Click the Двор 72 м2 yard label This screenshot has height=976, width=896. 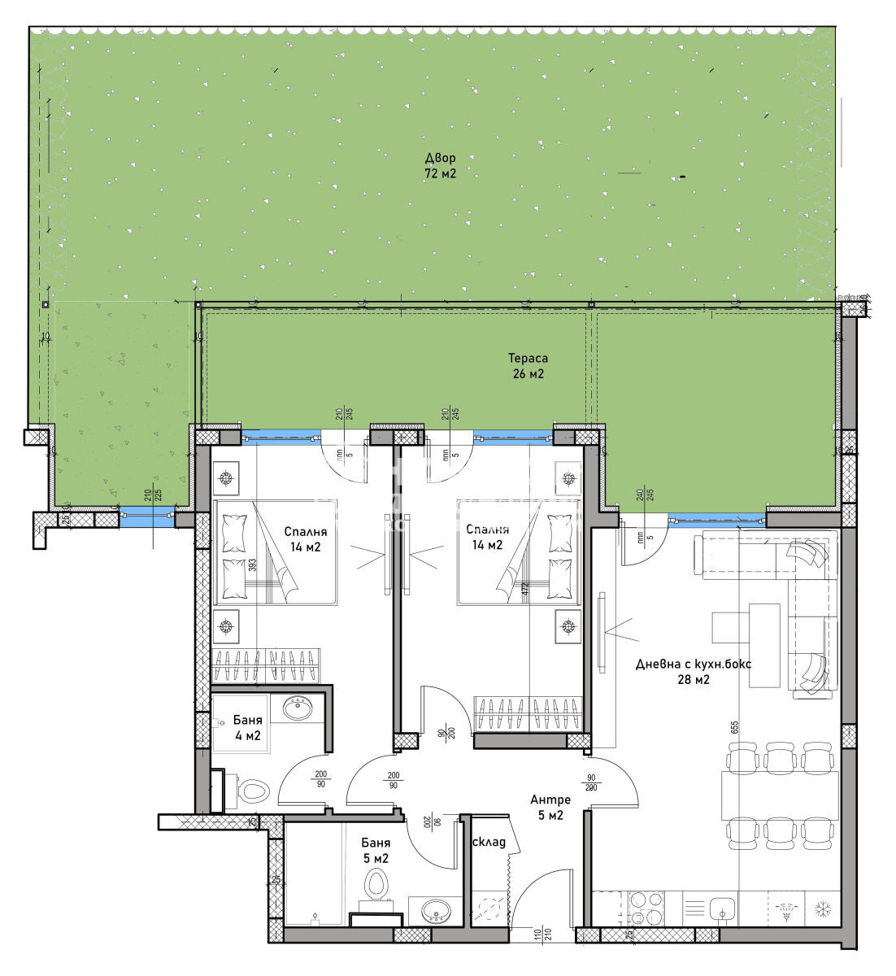440,165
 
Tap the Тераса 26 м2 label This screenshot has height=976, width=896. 528,366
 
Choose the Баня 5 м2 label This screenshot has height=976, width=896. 376,850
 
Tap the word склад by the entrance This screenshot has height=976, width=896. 489,842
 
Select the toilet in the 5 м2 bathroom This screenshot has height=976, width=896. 376,884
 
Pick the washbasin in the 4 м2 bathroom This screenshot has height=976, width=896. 298,708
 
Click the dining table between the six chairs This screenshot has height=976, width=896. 779,795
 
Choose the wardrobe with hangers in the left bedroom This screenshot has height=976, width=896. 267,664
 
